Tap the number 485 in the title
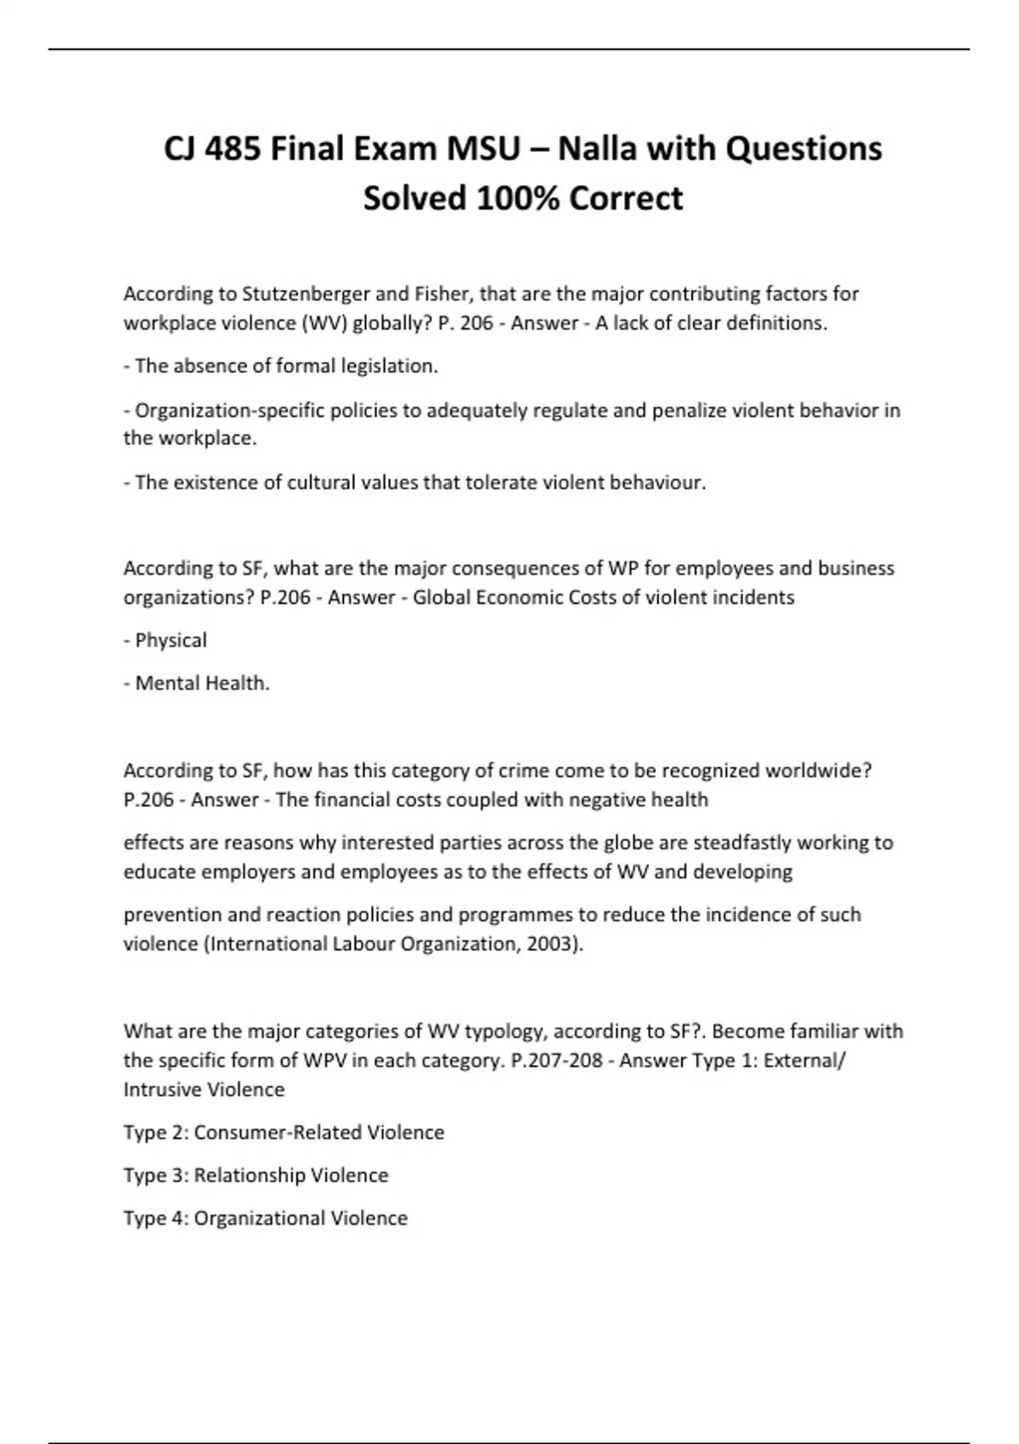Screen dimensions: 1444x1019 coord(234,149)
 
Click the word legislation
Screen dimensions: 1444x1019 coord(388,366)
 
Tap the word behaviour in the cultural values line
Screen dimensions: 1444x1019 coord(659,482)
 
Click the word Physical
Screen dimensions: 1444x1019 coord(171,640)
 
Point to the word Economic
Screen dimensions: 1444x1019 coord(521,597)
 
